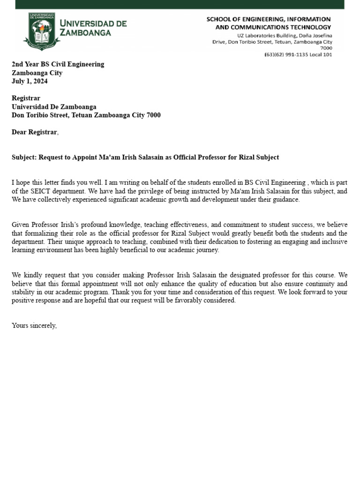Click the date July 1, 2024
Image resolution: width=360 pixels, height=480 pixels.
pyautogui.click(x=30, y=81)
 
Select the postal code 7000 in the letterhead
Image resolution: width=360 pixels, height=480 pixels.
pyautogui.click(x=326, y=48)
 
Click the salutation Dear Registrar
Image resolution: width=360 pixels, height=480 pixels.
pyautogui.click(x=35, y=132)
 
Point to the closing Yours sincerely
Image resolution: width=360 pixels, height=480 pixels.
pyautogui.click(x=34, y=325)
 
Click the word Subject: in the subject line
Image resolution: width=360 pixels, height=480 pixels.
pyautogui.click(x=24, y=157)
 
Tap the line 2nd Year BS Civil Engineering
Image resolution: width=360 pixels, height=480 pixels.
pyautogui.click(x=58, y=64)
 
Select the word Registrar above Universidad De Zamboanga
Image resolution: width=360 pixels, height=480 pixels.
pyautogui.click(x=26, y=98)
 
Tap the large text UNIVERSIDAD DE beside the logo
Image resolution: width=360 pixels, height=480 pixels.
pyautogui.click(x=93, y=23)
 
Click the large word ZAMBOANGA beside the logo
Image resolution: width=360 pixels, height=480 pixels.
pyautogui.click(x=85, y=33)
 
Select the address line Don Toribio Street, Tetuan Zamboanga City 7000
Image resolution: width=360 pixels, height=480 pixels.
pyautogui.click(x=86, y=115)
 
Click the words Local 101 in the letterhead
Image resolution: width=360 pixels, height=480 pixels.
pyautogui.click(x=320, y=54)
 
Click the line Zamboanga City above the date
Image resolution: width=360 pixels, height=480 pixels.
pyautogui.click(x=37, y=73)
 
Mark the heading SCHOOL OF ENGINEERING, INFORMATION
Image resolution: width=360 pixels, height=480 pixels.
pyautogui.click(x=269, y=19)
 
